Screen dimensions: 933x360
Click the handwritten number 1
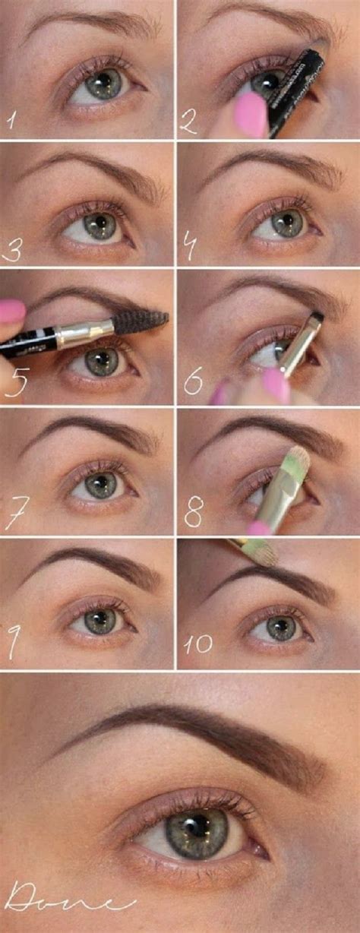click(x=10, y=119)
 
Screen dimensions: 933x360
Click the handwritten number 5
click(x=15, y=380)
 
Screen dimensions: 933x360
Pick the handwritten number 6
click(x=193, y=382)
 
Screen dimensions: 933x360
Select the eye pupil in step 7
click(x=99, y=484)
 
